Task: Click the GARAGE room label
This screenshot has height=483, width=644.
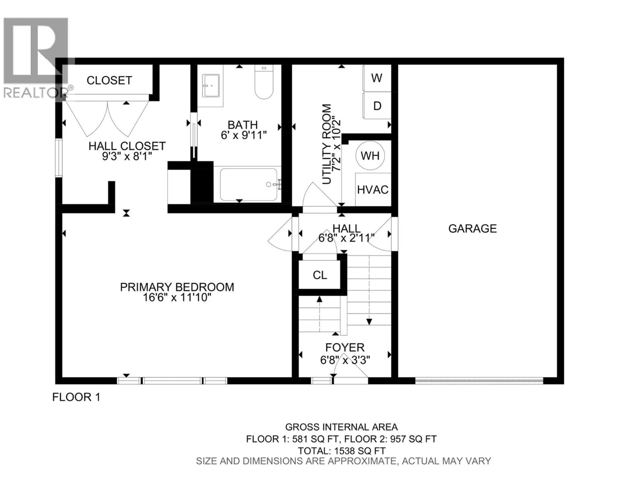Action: pos(472,229)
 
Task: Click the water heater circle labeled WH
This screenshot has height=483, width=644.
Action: pos(370,156)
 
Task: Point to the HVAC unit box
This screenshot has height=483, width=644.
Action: pos(373,190)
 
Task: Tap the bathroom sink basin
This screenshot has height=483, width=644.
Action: pos(211,85)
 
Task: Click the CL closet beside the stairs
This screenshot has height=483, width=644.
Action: pos(320,275)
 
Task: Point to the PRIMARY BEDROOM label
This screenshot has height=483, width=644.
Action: pos(177,287)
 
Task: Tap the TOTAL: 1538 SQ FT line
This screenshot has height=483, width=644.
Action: pos(341,451)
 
